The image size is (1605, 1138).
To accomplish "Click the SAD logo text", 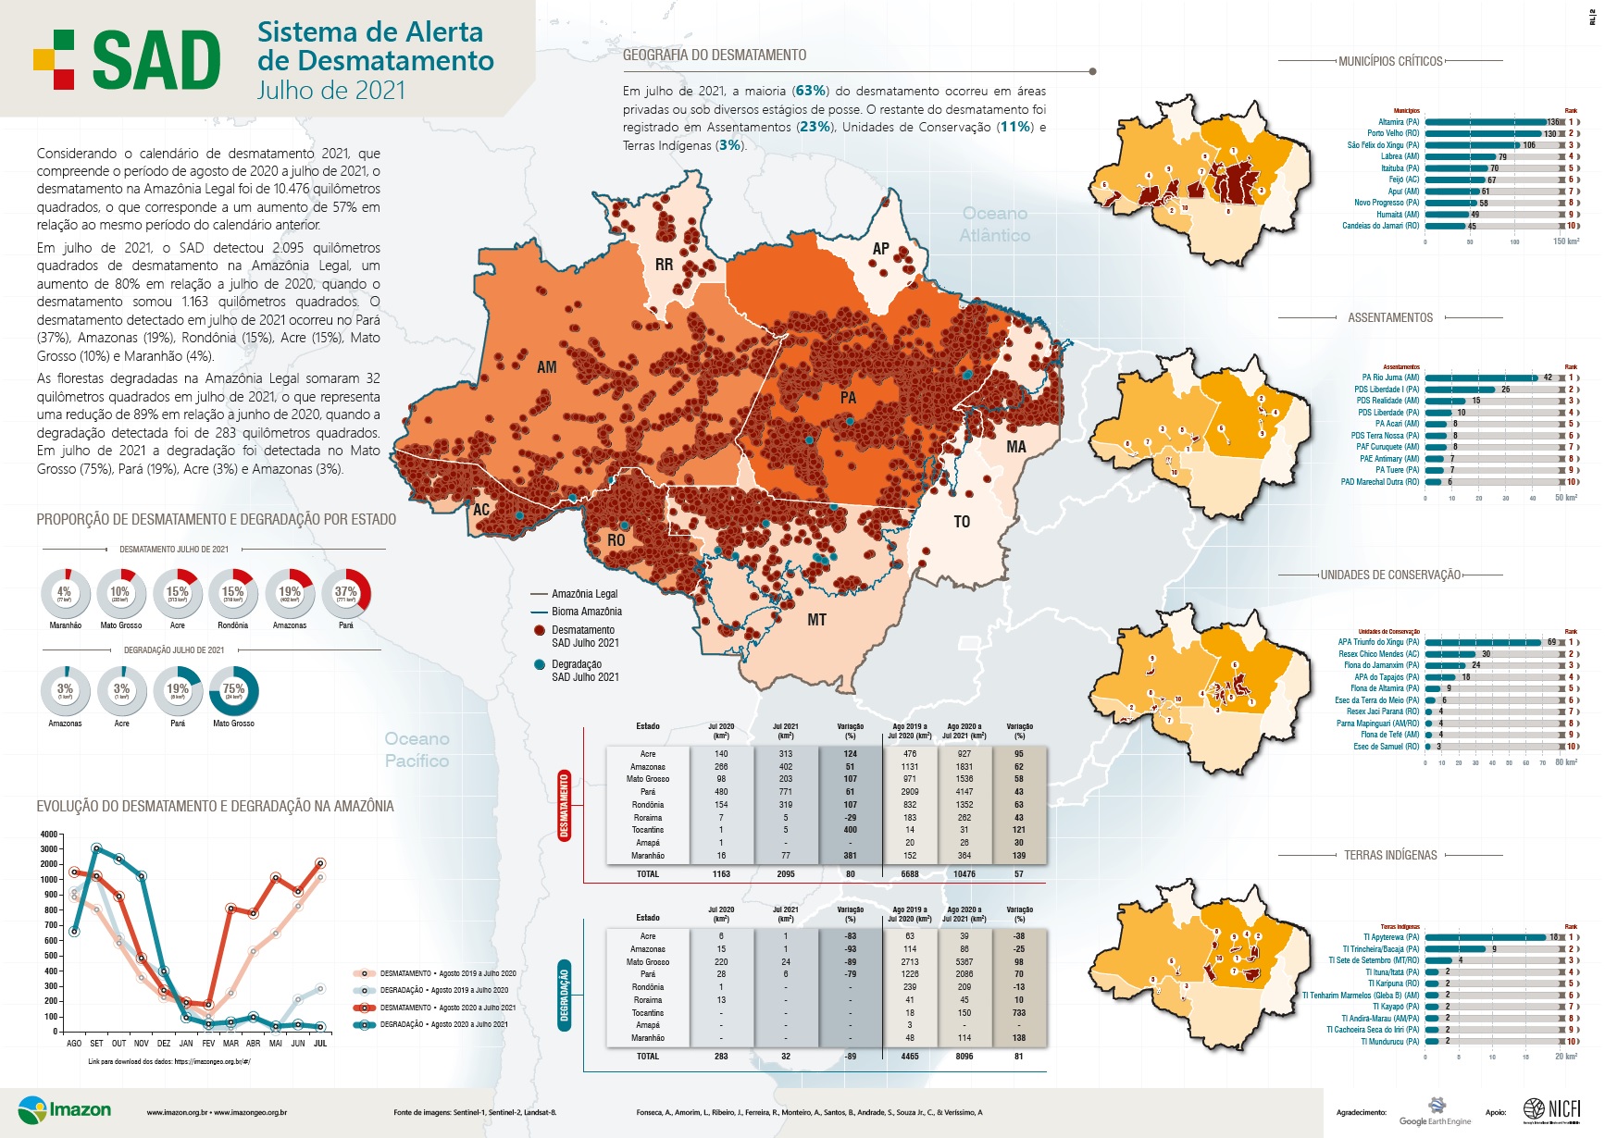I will click(156, 61).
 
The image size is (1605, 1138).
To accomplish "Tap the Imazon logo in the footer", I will click(65, 1109).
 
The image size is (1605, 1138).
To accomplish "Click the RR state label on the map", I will click(664, 265).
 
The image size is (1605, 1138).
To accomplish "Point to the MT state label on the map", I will click(816, 620).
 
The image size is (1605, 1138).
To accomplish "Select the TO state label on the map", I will click(962, 522).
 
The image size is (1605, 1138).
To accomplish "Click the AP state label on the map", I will click(880, 249).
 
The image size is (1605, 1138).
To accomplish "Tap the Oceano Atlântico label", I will click(994, 225).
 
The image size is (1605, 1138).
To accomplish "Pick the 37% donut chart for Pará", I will click(346, 593).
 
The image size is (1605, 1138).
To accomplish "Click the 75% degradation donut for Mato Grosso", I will click(234, 690).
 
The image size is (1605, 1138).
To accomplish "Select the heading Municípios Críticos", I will click(1390, 61).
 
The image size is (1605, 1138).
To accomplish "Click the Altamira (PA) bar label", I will click(1398, 122).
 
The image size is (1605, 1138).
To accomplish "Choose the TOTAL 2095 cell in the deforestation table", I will click(785, 873).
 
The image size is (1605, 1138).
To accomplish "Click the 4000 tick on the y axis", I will click(49, 835).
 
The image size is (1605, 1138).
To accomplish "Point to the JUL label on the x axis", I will click(320, 1043).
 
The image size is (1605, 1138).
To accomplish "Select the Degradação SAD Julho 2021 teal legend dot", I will click(539, 664).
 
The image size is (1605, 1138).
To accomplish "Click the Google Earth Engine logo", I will click(1435, 1111).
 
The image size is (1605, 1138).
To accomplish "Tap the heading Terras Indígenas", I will click(1390, 855).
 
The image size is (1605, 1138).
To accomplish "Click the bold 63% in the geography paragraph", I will click(810, 91).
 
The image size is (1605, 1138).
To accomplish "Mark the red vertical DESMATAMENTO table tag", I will click(564, 806).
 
